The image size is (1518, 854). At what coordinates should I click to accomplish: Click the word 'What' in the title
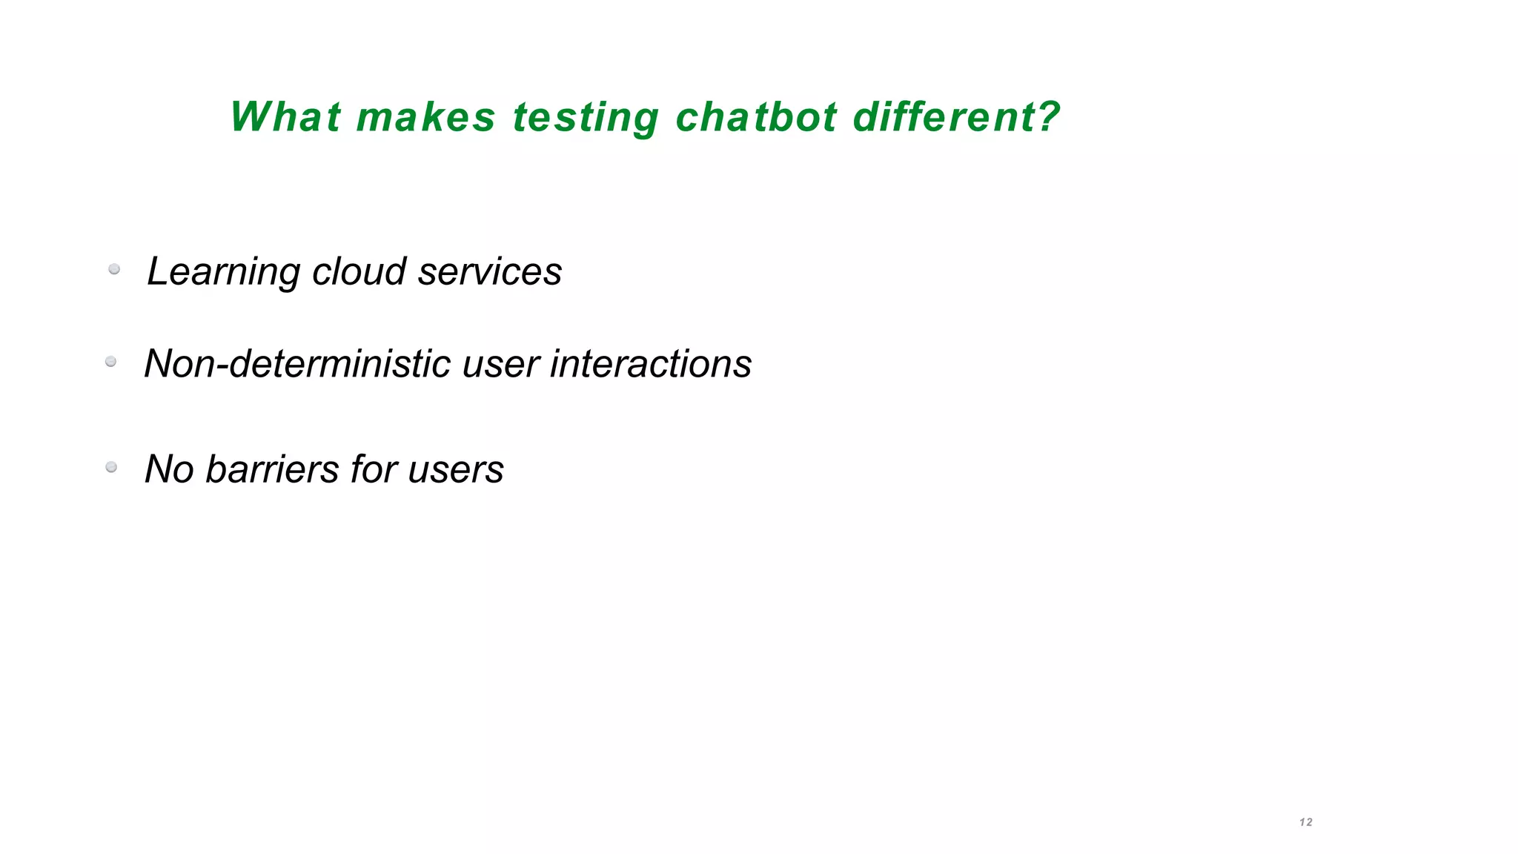click(x=285, y=117)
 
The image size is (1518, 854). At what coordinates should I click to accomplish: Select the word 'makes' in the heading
click(x=425, y=117)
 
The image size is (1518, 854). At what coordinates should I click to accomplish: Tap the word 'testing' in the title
click(x=586, y=119)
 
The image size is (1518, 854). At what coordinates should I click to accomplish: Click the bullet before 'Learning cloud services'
click(x=114, y=269)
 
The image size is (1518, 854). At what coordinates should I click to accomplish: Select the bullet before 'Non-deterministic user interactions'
click(x=111, y=362)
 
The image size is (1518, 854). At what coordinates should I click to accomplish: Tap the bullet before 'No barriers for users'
click(x=111, y=467)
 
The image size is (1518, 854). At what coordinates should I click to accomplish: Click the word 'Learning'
click(x=223, y=272)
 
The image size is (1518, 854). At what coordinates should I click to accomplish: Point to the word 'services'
click(x=490, y=271)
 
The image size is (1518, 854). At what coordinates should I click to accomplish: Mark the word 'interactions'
click(x=651, y=364)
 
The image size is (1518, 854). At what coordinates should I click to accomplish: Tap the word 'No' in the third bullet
click(x=169, y=469)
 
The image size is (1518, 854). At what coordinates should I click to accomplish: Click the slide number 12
click(x=1306, y=822)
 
